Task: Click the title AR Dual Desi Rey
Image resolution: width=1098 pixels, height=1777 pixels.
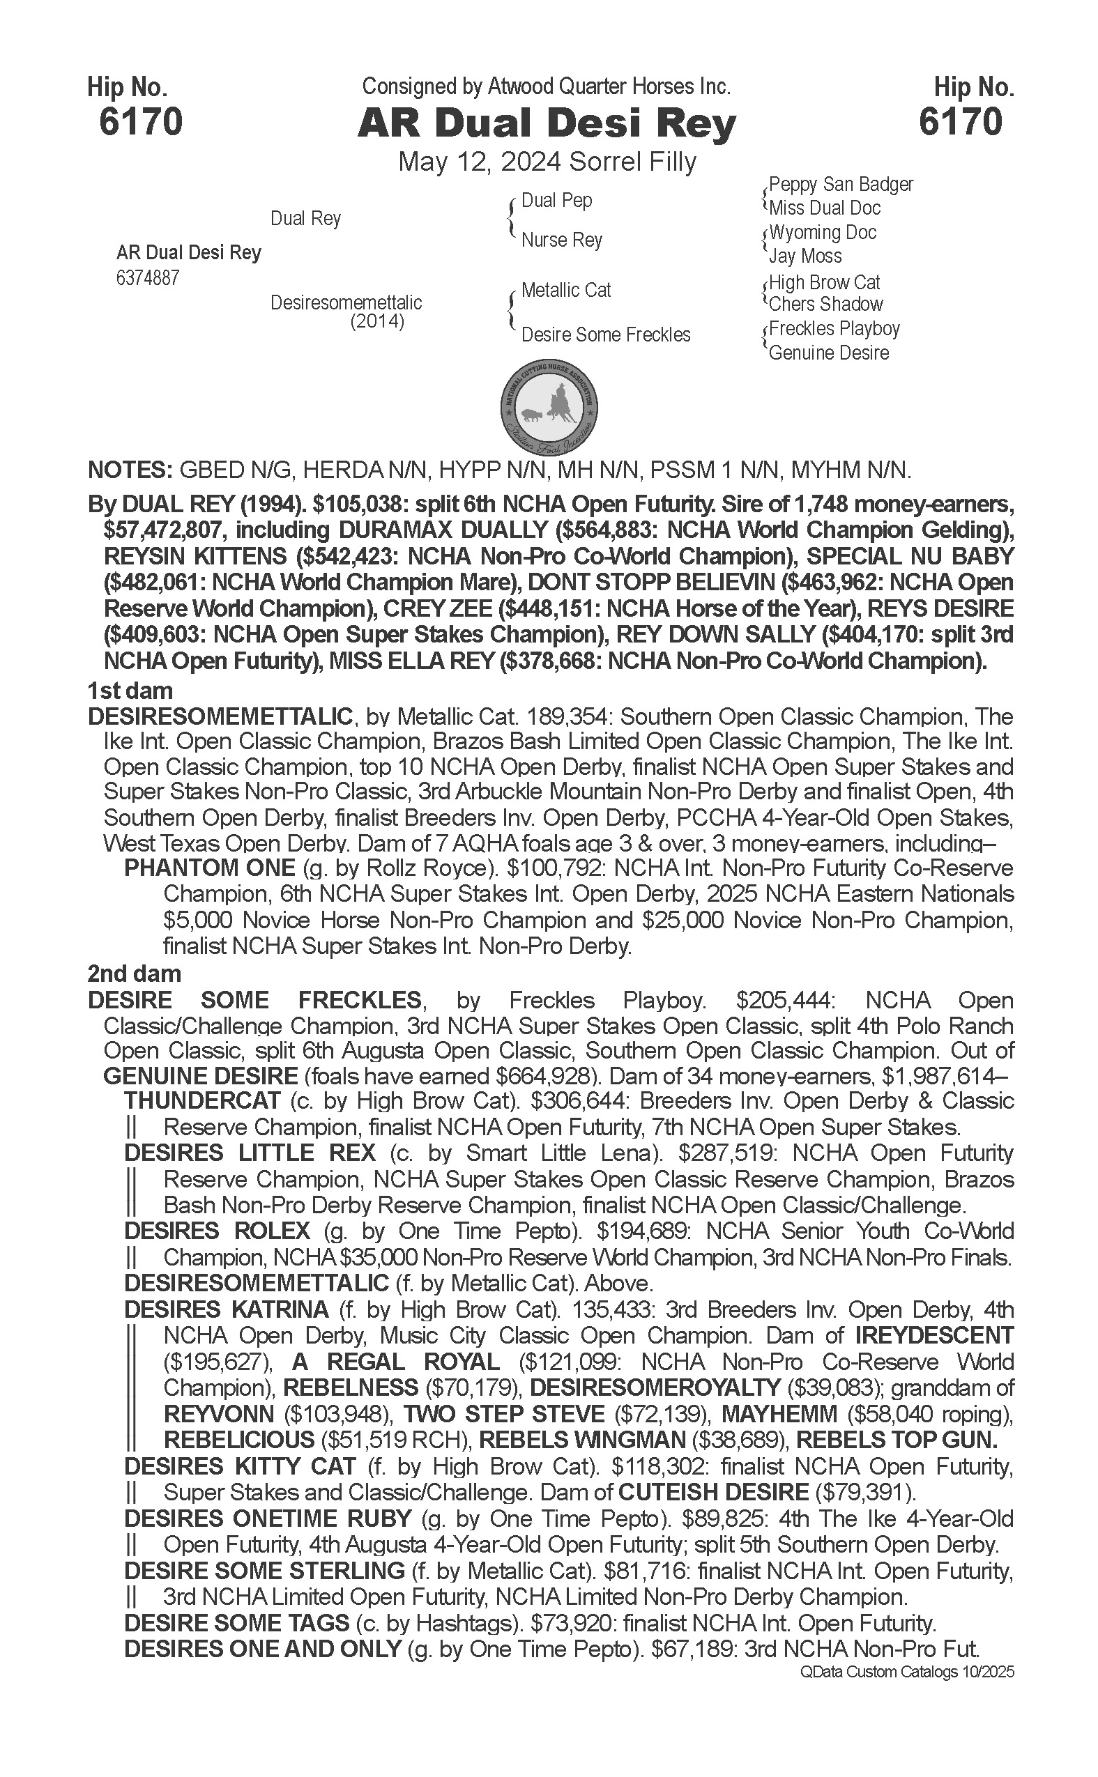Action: click(x=547, y=124)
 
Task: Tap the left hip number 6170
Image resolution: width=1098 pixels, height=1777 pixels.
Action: click(x=141, y=121)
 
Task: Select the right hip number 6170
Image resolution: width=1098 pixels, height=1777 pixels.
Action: click(x=960, y=121)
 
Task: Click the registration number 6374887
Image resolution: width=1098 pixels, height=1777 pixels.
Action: click(x=147, y=278)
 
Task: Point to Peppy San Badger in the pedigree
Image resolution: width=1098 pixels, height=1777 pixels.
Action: click(x=840, y=185)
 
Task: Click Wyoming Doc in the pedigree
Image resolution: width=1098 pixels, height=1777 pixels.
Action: click(x=822, y=232)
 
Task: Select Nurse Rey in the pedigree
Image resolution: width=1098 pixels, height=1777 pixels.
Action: click(x=561, y=240)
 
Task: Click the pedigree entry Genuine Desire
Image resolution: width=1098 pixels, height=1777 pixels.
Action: click(x=829, y=353)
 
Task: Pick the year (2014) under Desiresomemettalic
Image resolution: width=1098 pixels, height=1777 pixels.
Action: click(x=377, y=321)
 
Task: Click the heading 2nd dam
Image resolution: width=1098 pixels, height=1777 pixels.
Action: click(x=135, y=974)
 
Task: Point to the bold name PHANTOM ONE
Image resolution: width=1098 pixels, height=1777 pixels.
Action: click(x=209, y=868)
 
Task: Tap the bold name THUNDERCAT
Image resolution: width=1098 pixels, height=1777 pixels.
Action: click(x=202, y=1100)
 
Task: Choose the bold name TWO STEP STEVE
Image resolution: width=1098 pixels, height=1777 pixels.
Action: click(x=504, y=1414)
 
